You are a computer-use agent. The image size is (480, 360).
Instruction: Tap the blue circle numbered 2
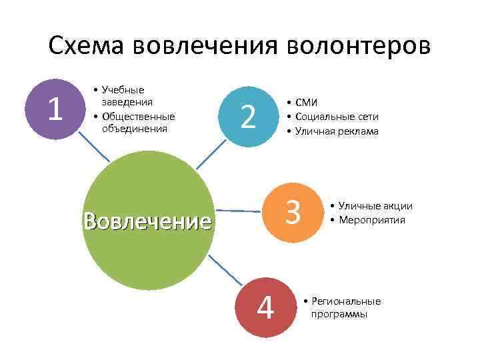click(x=248, y=117)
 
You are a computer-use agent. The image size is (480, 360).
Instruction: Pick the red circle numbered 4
click(x=265, y=306)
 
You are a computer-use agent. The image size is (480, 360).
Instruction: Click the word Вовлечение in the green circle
click(x=147, y=220)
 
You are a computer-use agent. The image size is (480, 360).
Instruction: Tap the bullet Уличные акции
click(x=375, y=207)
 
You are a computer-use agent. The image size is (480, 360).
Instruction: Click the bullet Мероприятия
click(x=372, y=219)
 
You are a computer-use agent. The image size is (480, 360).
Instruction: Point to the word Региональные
click(x=346, y=301)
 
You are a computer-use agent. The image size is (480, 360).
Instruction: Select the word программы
click(x=339, y=314)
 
